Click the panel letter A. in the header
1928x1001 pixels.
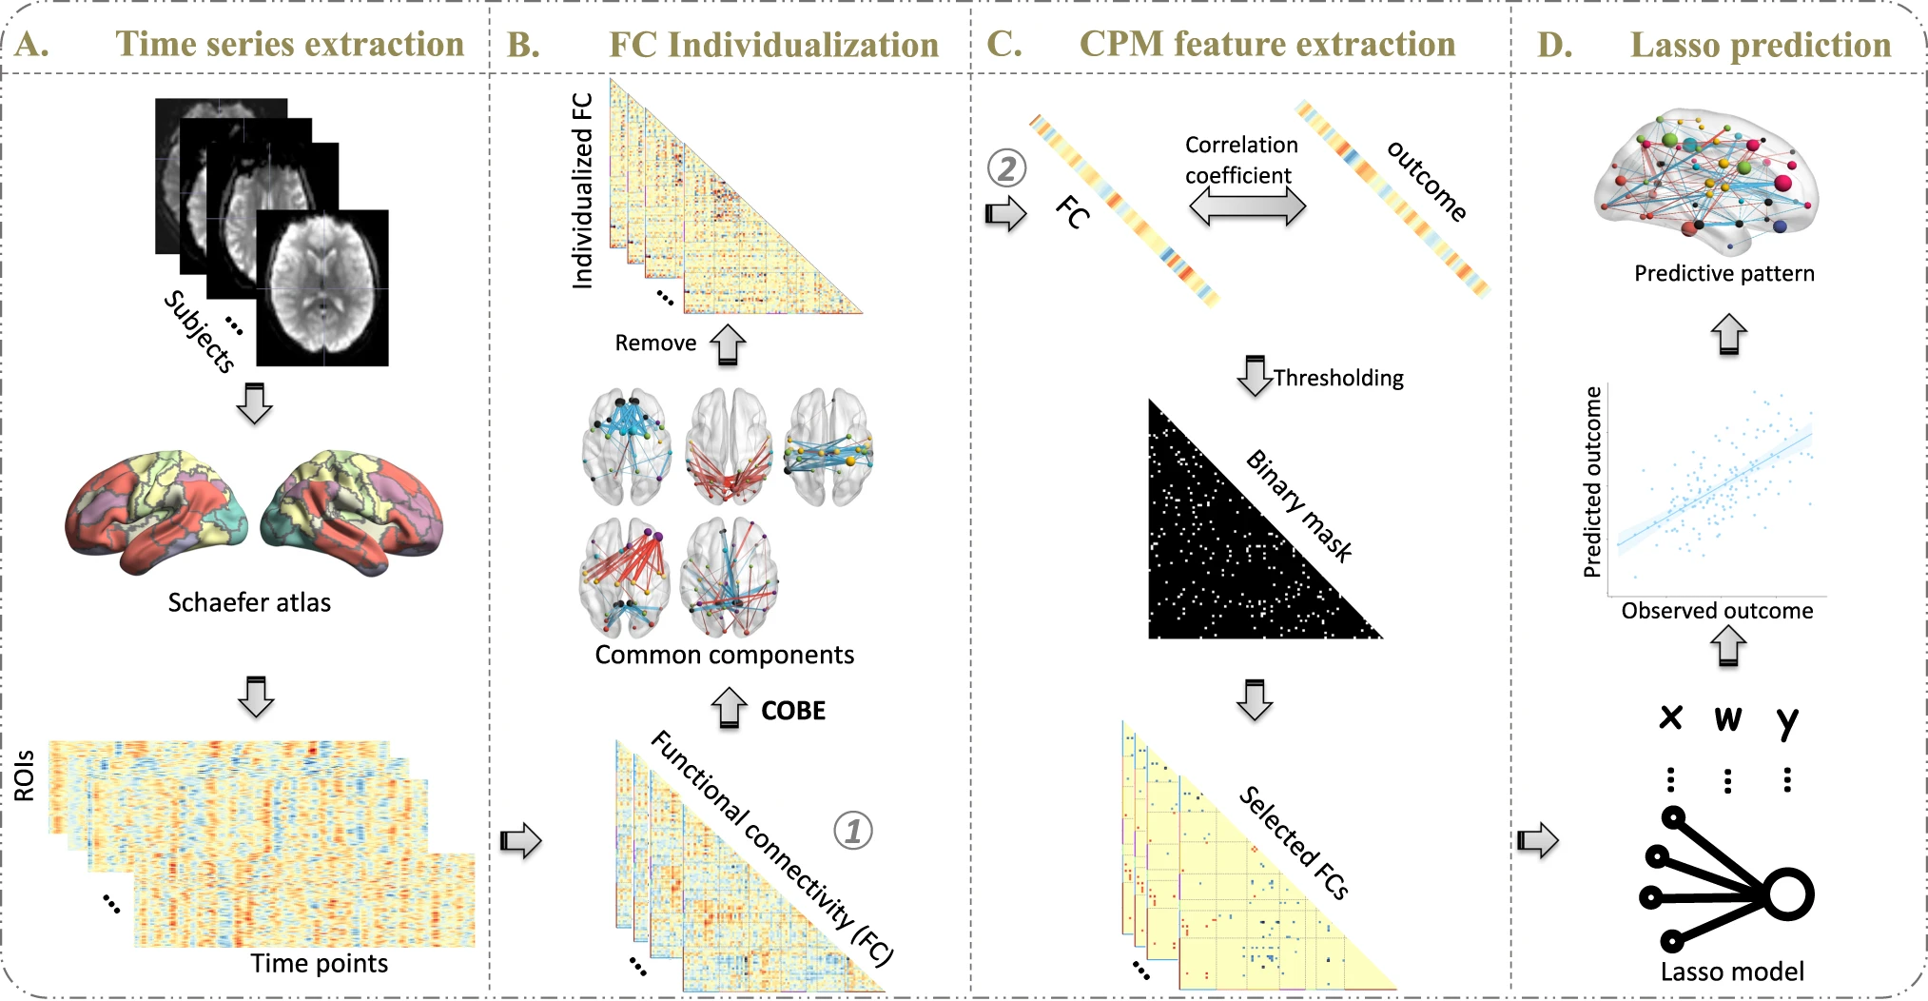[x=32, y=45]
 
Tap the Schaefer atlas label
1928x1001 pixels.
[x=249, y=602]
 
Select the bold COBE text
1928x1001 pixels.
[x=793, y=711]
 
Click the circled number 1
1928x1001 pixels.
[x=852, y=831]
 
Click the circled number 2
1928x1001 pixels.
[x=1006, y=168]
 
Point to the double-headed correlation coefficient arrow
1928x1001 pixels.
[x=1247, y=206]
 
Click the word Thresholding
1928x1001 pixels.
[x=1338, y=378]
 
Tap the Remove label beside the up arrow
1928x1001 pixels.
[x=655, y=343]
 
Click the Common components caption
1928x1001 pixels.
[x=725, y=655]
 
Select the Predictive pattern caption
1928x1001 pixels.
[x=1724, y=274]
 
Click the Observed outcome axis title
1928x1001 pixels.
[x=1717, y=611]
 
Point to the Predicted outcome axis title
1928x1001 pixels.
[x=1592, y=481]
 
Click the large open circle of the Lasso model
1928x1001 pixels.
[x=1789, y=894]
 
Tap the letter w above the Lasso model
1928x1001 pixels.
[x=1728, y=718]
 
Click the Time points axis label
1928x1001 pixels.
[x=320, y=964]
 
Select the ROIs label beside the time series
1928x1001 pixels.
[x=25, y=775]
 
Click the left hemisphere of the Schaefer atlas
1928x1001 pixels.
[x=156, y=512]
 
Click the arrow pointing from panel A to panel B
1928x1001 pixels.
[x=520, y=840]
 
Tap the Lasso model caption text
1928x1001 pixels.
[x=1732, y=972]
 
